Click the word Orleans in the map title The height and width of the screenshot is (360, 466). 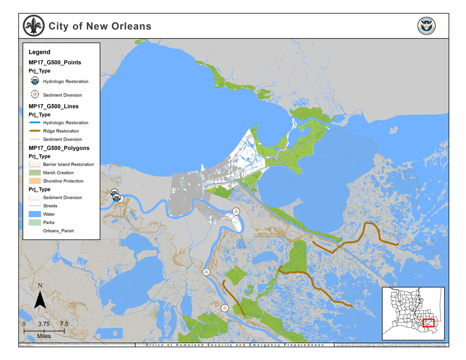130,26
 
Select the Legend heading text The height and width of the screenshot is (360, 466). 40,52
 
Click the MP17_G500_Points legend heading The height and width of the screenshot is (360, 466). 55,63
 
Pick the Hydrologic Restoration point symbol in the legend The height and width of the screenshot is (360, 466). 35,81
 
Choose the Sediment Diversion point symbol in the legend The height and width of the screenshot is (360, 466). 35,94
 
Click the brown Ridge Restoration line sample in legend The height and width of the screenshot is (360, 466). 35,131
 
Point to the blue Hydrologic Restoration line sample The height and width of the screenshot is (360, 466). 35,123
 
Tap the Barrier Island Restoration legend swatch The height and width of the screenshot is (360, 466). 35,164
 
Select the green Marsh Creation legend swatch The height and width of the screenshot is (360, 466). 35,173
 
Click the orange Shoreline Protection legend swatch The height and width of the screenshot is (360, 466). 35,181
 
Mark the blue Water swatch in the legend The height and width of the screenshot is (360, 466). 35,214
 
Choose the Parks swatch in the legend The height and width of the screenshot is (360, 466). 35,223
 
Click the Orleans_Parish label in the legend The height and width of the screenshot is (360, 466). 58,231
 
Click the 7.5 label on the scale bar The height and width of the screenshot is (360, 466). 64,324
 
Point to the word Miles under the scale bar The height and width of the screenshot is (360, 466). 44,336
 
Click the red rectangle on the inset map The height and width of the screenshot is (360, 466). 428,323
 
